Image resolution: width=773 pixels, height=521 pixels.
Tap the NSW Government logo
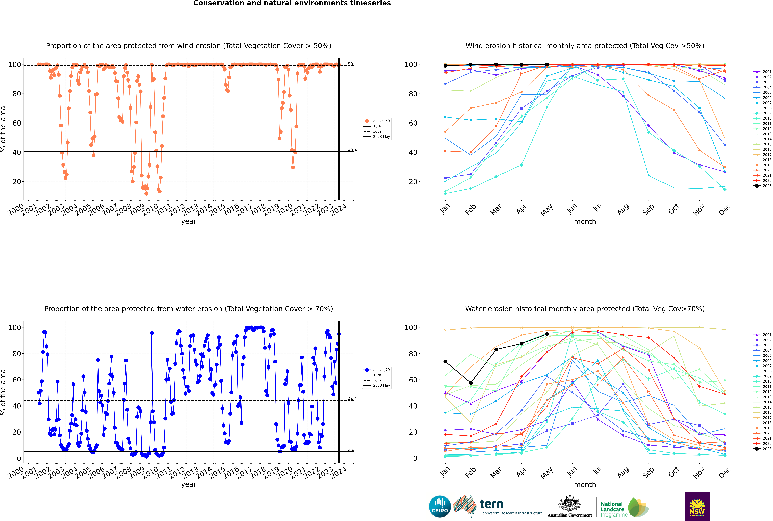point(697,506)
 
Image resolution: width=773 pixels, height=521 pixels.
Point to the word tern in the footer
point(492,504)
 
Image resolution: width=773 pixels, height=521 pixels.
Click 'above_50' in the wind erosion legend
point(381,121)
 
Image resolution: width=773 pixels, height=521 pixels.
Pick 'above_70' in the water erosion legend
point(381,370)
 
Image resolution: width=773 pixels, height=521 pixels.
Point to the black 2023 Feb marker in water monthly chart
point(471,383)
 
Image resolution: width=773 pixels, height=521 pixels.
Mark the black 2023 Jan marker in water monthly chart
point(445,362)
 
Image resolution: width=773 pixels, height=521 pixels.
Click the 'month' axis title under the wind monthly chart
point(585,222)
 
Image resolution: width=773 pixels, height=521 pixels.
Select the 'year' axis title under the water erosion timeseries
point(189,484)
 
